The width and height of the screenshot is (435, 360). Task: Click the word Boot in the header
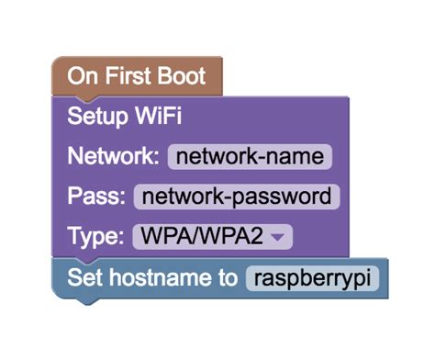point(185,76)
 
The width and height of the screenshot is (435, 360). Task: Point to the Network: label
point(114,156)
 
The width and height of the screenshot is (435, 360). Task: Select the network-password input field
point(237,196)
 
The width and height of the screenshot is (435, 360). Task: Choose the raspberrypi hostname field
point(312,277)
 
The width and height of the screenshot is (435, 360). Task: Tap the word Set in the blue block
point(83,277)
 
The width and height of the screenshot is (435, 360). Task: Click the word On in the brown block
point(80,76)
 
